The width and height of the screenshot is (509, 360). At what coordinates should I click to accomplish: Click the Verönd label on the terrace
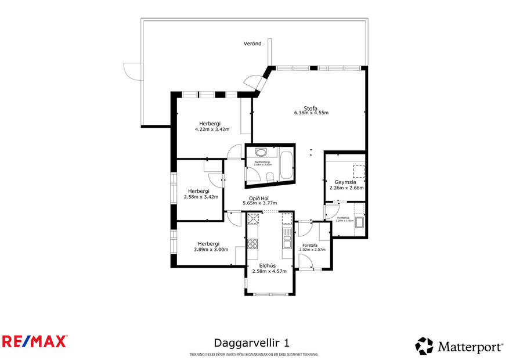[252, 44]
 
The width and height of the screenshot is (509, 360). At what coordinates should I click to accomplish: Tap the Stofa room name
[311, 107]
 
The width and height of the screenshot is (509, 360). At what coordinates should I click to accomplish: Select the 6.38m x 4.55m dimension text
[311, 113]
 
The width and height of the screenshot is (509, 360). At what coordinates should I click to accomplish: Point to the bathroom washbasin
[261, 153]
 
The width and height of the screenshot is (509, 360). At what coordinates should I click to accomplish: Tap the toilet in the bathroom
[269, 177]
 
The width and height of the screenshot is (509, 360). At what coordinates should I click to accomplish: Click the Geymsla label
[345, 182]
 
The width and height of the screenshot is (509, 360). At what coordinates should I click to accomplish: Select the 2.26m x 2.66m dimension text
[345, 188]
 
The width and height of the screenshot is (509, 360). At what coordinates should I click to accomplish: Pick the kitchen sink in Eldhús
[286, 235]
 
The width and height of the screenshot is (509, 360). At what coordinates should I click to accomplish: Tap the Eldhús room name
[268, 265]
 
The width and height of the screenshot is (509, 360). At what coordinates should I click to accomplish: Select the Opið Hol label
[259, 198]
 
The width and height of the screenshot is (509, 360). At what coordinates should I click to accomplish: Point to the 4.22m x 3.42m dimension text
[212, 129]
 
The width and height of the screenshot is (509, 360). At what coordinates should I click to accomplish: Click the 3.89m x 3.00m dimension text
[211, 250]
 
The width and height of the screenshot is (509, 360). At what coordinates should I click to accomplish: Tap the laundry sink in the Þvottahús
[359, 223]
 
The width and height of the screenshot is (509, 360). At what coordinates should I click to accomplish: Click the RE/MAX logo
[35, 341]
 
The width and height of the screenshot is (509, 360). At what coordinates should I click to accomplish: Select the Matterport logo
[459, 347]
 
